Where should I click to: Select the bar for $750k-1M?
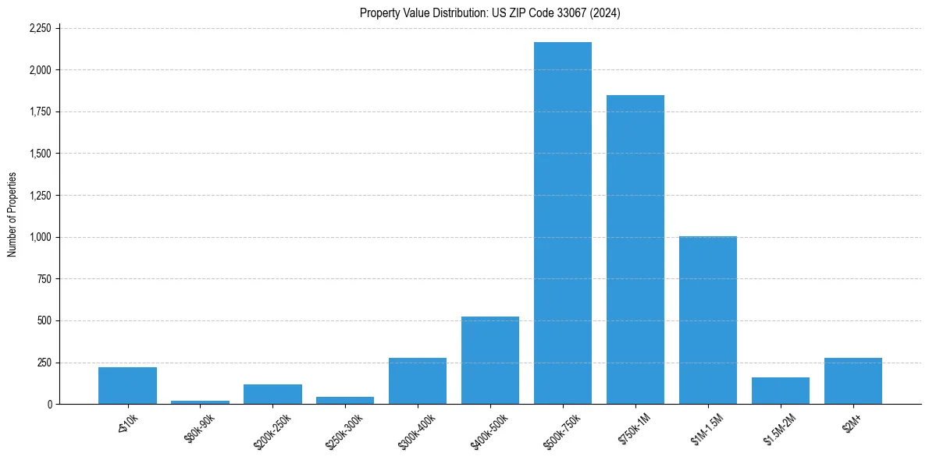coord(635,249)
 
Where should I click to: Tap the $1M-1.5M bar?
coord(707,320)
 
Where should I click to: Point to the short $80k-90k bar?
coord(200,402)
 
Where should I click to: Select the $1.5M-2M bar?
coord(780,391)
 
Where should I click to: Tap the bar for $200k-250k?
coord(272,394)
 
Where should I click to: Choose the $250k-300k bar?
coord(345,400)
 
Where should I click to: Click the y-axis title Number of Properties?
coord(12,214)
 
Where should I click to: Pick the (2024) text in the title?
coord(606,12)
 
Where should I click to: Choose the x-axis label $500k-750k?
coord(561,430)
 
